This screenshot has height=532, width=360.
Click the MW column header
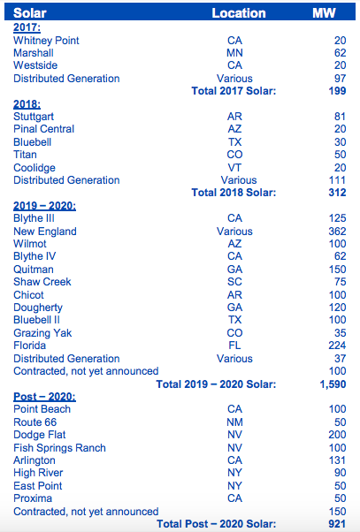(324, 13)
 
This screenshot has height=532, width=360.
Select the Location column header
(239, 13)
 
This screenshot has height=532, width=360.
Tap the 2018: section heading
(27, 103)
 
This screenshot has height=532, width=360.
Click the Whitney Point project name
(46, 41)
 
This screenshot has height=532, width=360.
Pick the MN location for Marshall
(234, 53)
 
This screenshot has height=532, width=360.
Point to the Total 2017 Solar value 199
(337, 91)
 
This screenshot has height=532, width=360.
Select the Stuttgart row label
(34, 117)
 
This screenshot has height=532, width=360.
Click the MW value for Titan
(340, 155)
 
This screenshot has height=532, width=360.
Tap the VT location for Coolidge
(234, 168)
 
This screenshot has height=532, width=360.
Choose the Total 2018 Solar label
(234, 193)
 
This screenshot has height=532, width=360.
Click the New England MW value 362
(337, 232)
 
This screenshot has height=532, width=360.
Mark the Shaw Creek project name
(42, 282)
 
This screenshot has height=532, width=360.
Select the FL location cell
(234, 346)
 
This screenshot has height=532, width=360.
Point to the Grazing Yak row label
(42, 333)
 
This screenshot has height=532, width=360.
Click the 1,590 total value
(333, 384)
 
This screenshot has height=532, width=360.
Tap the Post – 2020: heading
(44, 397)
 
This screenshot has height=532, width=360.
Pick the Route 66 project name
(35, 422)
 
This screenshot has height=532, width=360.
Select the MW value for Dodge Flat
(337, 435)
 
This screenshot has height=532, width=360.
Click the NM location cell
(234, 422)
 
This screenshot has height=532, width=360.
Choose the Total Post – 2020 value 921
(337, 524)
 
